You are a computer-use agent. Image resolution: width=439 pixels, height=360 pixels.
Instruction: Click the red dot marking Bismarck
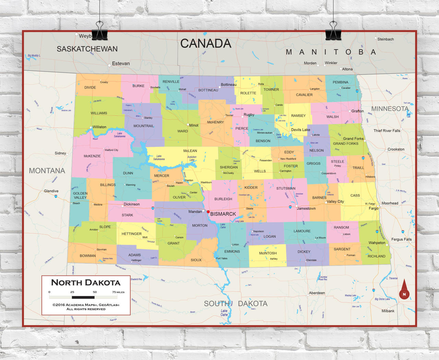[208, 212]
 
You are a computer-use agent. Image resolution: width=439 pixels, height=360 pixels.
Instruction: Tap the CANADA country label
[206, 44]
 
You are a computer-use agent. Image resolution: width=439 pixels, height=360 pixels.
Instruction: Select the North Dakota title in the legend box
[86, 283]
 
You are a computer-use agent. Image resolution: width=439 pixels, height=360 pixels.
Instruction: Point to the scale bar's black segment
[83, 297]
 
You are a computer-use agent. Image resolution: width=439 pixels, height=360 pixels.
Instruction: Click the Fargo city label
[373, 208]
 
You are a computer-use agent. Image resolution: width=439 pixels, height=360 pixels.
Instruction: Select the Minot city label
[194, 125]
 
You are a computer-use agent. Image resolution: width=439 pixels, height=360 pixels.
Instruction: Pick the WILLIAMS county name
[99, 113]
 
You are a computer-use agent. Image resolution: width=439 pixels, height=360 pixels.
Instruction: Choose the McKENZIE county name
[92, 156]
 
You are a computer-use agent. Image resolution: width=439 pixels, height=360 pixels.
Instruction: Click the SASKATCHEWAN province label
[87, 49]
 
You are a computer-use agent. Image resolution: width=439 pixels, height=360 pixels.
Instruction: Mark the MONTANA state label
[47, 171]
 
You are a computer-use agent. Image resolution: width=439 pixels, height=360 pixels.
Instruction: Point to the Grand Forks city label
[353, 139]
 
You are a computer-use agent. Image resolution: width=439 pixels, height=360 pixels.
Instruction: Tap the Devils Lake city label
[300, 130]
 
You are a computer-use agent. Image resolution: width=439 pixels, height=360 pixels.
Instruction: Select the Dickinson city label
[132, 204]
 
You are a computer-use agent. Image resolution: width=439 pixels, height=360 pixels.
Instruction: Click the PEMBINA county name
[340, 82]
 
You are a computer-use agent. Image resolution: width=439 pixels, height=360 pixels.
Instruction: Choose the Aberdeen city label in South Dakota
[317, 293]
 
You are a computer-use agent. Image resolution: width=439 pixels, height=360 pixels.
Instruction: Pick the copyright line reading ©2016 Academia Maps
[86, 305]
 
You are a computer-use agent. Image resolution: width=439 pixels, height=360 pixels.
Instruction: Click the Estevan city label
[121, 63]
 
